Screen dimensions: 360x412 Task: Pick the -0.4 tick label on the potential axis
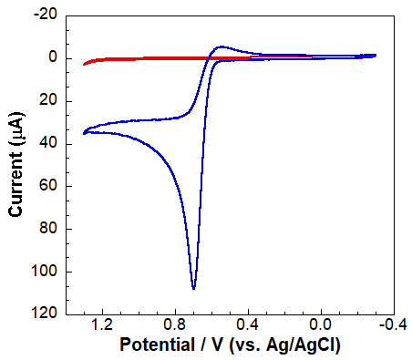click(x=390, y=325)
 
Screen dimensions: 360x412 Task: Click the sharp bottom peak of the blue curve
click(x=193, y=288)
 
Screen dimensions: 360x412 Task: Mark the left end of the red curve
click(x=84, y=64)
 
